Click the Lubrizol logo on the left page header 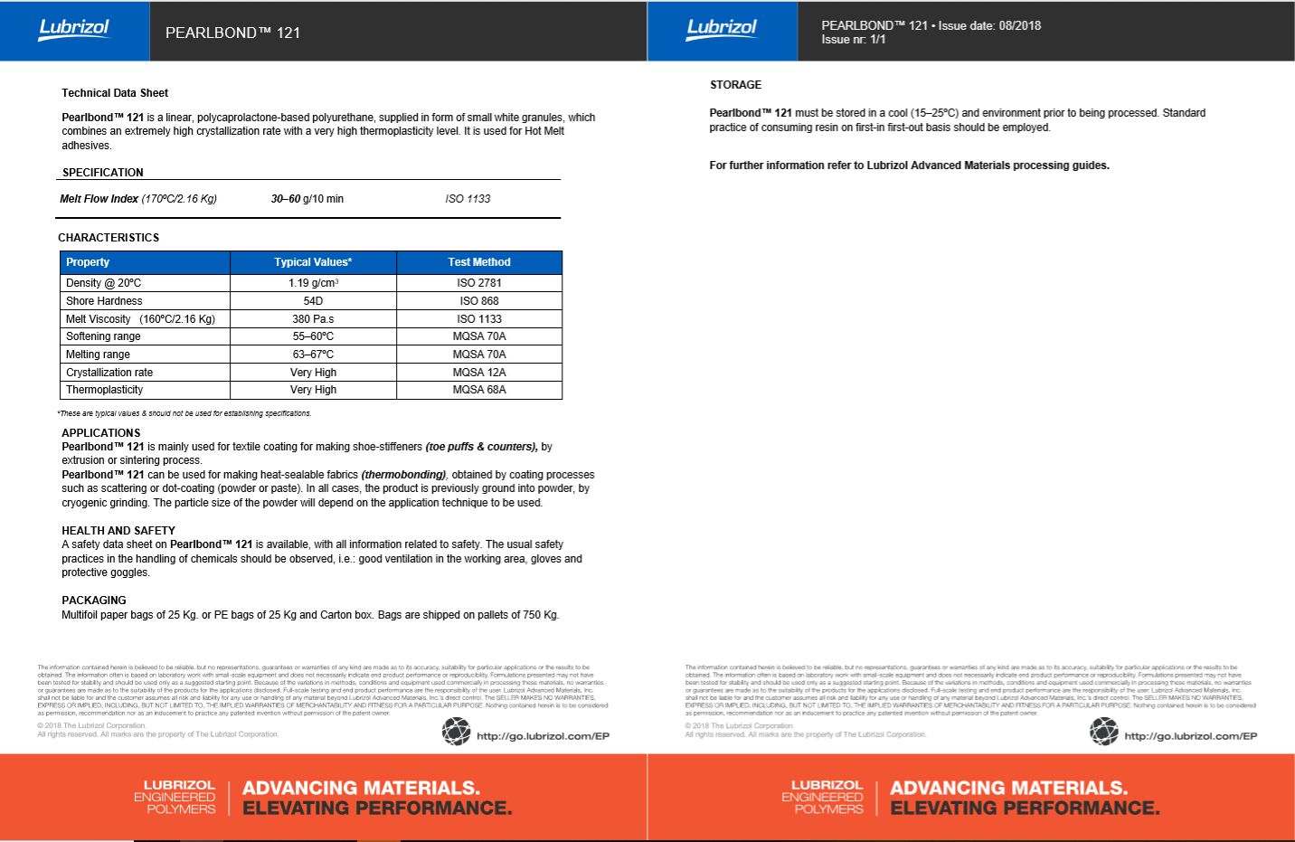(x=74, y=29)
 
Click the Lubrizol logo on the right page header (x=722, y=29)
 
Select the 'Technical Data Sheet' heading (x=115, y=93)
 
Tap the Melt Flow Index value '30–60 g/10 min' (x=307, y=199)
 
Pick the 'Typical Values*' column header (x=313, y=262)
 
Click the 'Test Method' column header (x=479, y=262)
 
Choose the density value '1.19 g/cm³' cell (x=313, y=283)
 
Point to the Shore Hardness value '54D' (x=313, y=301)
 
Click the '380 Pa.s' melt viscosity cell (x=313, y=319)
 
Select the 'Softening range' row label (x=103, y=336)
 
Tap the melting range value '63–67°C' (x=313, y=355)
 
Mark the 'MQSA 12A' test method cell (x=479, y=373)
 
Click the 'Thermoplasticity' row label (x=104, y=390)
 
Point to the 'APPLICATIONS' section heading (x=101, y=433)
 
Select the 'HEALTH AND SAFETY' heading (x=118, y=531)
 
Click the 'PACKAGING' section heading (x=94, y=601)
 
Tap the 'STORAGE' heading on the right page (x=736, y=85)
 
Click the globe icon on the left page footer (x=457, y=732)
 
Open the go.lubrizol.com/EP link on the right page (x=1190, y=736)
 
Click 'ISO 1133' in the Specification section (x=468, y=199)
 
